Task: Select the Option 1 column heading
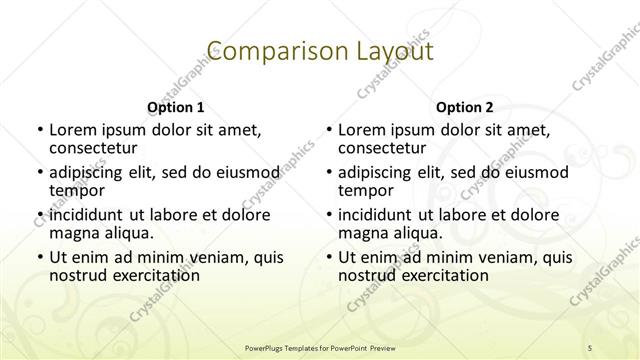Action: (x=175, y=107)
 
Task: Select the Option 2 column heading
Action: (x=464, y=107)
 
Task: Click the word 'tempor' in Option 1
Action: (x=77, y=190)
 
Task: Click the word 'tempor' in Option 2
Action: (x=366, y=190)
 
